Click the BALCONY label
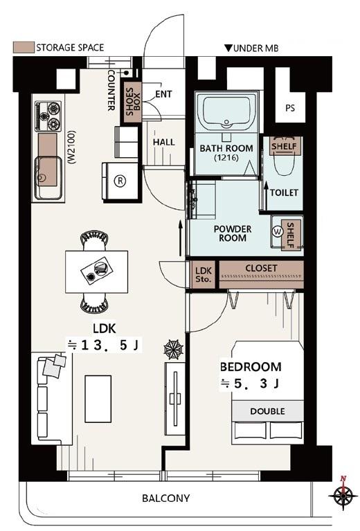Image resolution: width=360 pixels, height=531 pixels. pos(165,498)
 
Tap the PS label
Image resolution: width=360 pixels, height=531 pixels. pos(290,108)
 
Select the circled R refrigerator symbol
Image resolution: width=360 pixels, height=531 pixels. pos(120,181)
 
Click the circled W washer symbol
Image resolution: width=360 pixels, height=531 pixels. pos(278,232)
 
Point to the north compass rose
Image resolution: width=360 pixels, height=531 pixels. pos(343,496)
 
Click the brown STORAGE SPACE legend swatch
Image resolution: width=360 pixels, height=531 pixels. pos(24,47)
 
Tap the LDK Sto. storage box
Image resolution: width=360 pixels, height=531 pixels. pos(204,275)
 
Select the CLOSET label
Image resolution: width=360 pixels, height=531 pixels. pos(261,268)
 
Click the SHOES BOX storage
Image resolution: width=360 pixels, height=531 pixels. pos(132,102)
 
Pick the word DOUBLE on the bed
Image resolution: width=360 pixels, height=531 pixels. pos(267,411)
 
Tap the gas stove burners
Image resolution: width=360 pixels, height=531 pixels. pos(48,116)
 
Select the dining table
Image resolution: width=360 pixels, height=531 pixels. pos(96,271)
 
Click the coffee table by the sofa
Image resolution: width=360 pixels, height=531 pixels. pos(98,399)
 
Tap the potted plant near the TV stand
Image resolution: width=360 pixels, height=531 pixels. pos(174,349)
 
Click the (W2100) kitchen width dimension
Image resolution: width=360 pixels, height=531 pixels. pos(72,147)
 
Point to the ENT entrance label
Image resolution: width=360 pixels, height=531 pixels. pos(163,93)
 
